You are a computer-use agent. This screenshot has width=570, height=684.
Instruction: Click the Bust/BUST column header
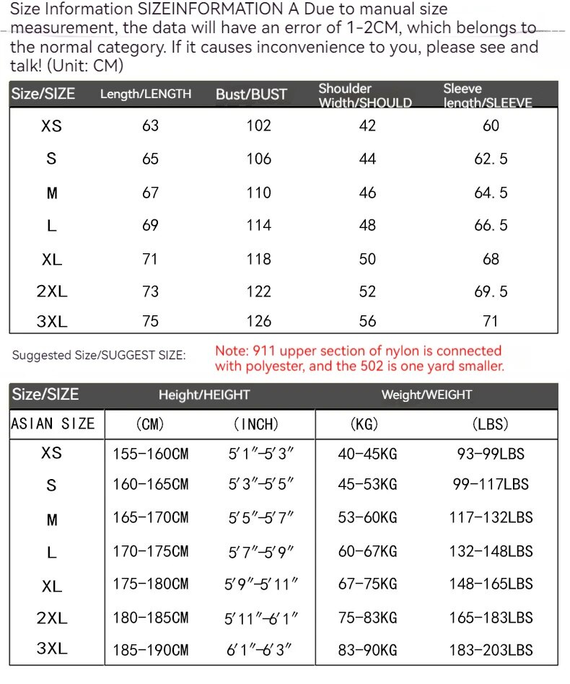[251, 95]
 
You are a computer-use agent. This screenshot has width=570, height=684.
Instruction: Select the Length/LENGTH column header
[146, 95]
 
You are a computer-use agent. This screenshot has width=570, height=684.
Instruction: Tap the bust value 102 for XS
[258, 126]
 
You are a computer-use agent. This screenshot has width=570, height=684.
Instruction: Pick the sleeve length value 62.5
[491, 159]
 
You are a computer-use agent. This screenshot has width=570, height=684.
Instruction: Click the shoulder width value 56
[367, 321]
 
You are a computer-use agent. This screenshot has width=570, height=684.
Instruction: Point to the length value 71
[150, 259]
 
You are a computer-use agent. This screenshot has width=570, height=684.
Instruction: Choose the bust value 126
[258, 321]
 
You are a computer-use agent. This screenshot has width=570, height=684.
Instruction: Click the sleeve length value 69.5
[491, 291]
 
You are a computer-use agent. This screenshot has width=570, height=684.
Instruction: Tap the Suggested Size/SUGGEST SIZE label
[99, 355]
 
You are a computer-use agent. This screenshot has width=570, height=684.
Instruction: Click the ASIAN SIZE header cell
[53, 424]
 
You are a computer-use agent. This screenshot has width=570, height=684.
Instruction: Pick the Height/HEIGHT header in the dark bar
[204, 395]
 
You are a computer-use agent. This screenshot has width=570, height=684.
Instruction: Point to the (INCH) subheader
[255, 424]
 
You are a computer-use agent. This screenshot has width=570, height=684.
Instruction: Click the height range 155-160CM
[150, 454]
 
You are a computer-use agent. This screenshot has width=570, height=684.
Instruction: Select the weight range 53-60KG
[367, 518]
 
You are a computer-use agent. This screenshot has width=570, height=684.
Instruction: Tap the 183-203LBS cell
[491, 649]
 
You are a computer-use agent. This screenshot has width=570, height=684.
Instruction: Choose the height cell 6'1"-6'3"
[260, 649]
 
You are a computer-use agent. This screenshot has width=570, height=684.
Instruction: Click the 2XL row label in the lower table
[52, 618]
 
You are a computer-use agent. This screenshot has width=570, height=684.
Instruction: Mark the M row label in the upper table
[51, 193]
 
